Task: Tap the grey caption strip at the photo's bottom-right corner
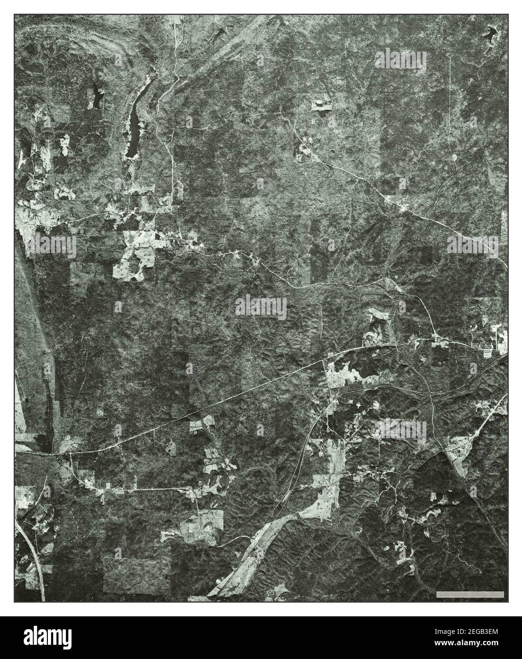(x=470, y=594)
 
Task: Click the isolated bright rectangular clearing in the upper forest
(x=322, y=105)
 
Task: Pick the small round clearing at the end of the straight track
(x=453, y=157)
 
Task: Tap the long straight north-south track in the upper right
(x=450, y=104)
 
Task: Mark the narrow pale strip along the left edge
(x=20, y=403)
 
